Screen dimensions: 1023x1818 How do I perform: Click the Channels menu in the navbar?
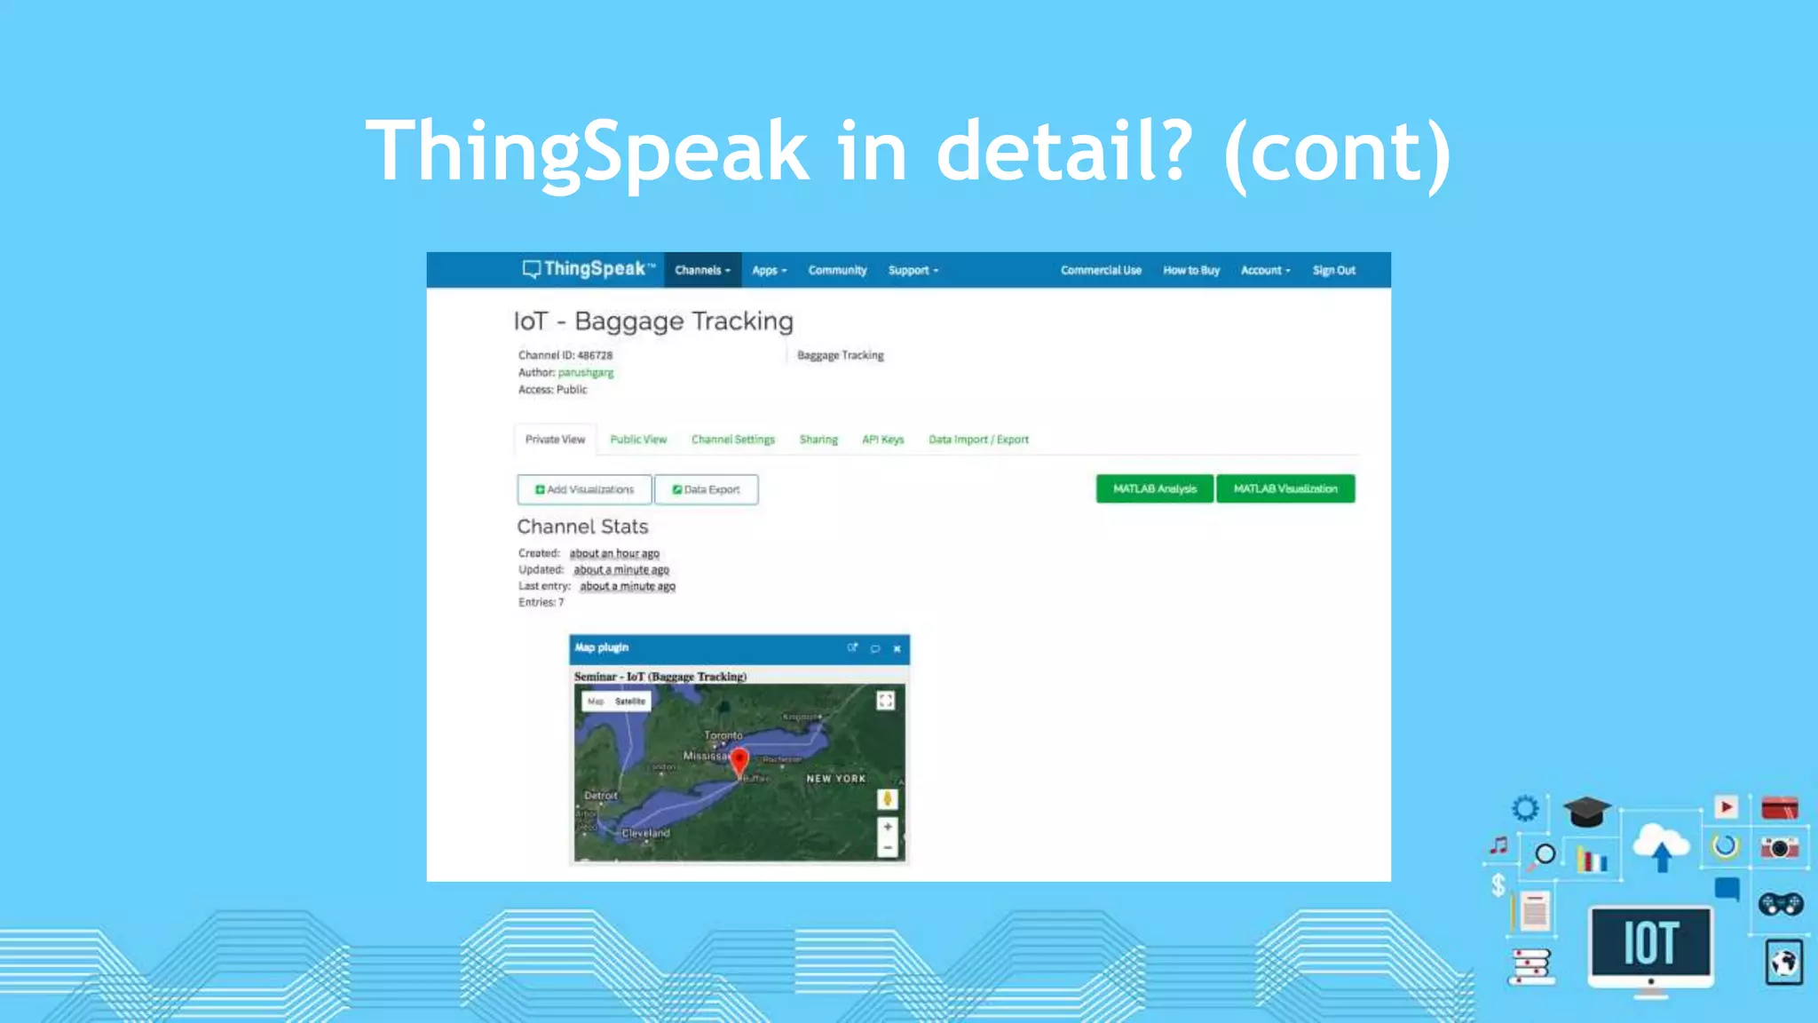click(x=702, y=270)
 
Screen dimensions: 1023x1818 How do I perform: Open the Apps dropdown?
click(x=769, y=270)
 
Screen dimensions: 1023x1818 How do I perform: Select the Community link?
click(x=837, y=270)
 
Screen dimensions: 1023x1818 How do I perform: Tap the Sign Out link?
click(x=1333, y=270)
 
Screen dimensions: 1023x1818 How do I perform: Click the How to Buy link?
click(x=1191, y=270)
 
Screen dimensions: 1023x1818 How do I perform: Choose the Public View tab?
click(x=638, y=440)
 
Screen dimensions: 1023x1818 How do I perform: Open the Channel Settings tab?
click(x=733, y=440)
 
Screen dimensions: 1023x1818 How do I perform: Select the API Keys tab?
click(x=882, y=440)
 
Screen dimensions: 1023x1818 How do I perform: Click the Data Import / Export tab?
click(x=978, y=440)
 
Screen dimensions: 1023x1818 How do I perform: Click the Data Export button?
click(x=707, y=489)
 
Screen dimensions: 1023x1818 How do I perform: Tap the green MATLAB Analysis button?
click(x=1154, y=488)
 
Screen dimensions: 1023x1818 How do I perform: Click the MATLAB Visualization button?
click(x=1285, y=488)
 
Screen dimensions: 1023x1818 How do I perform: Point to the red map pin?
click(x=739, y=761)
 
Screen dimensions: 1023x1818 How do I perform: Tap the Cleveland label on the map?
click(x=645, y=833)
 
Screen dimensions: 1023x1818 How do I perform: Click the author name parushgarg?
click(x=586, y=373)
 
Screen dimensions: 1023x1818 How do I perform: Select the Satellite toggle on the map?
click(x=630, y=702)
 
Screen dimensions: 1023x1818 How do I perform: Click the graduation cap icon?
click(x=1586, y=812)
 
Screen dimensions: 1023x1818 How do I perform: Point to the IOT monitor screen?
click(x=1650, y=943)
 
